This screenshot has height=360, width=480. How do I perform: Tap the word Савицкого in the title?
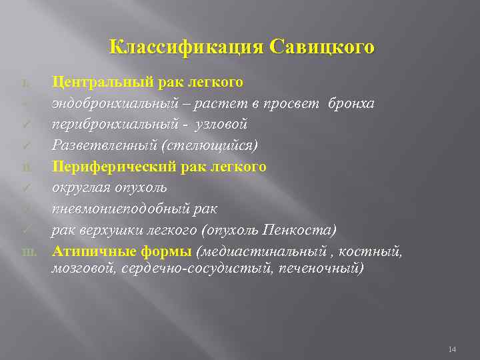coord(323,48)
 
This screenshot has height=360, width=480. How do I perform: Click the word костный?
coord(375,251)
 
